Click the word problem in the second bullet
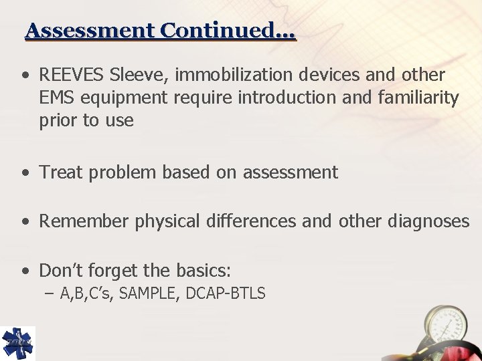coord(115,172)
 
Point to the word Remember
coord(84,221)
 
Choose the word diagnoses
coord(428,221)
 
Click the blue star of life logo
coord(17,343)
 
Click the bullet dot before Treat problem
coord(25,173)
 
